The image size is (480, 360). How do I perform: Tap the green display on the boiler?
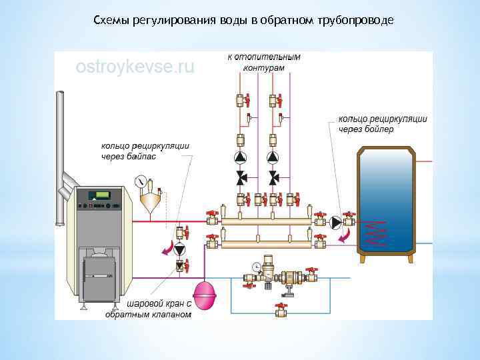(103, 195)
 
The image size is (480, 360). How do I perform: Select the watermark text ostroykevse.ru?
(135, 67)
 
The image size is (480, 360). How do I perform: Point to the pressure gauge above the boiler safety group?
(140, 181)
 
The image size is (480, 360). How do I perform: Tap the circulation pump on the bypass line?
(179, 249)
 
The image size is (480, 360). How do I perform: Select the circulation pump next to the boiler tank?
(337, 222)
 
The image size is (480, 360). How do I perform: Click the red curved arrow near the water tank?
(345, 236)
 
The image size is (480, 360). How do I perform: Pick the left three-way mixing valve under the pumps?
(240, 179)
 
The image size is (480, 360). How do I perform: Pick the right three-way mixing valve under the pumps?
(273, 179)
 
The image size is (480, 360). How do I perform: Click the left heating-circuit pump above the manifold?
(240, 158)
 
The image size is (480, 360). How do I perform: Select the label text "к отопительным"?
(264, 57)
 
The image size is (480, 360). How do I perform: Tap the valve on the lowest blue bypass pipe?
(281, 310)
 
